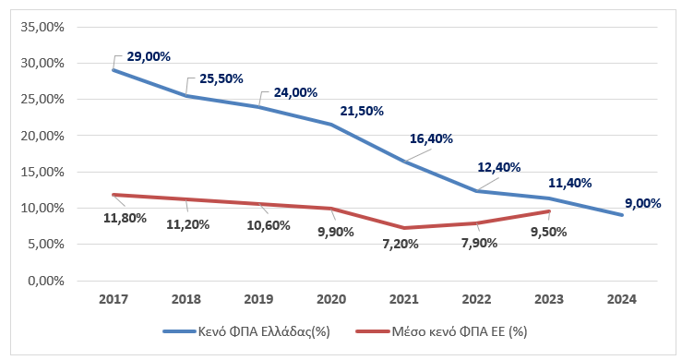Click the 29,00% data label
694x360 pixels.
pyautogui.click(x=148, y=56)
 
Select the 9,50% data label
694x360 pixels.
pyautogui.click(x=551, y=234)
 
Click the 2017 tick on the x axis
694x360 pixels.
pyautogui.click(x=114, y=300)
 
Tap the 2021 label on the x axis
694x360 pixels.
pyautogui.click(x=403, y=300)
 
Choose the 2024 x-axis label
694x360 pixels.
pyautogui.click(x=621, y=300)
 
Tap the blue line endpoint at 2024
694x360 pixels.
pyautogui.click(x=621, y=215)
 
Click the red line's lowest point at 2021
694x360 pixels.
pyautogui.click(x=403, y=228)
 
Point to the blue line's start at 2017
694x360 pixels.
pyautogui.click(x=114, y=70)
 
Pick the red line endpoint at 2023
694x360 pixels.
pyautogui.click(x=549, y=211)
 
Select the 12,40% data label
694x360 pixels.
pyautogui.click(x=498, y=167)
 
